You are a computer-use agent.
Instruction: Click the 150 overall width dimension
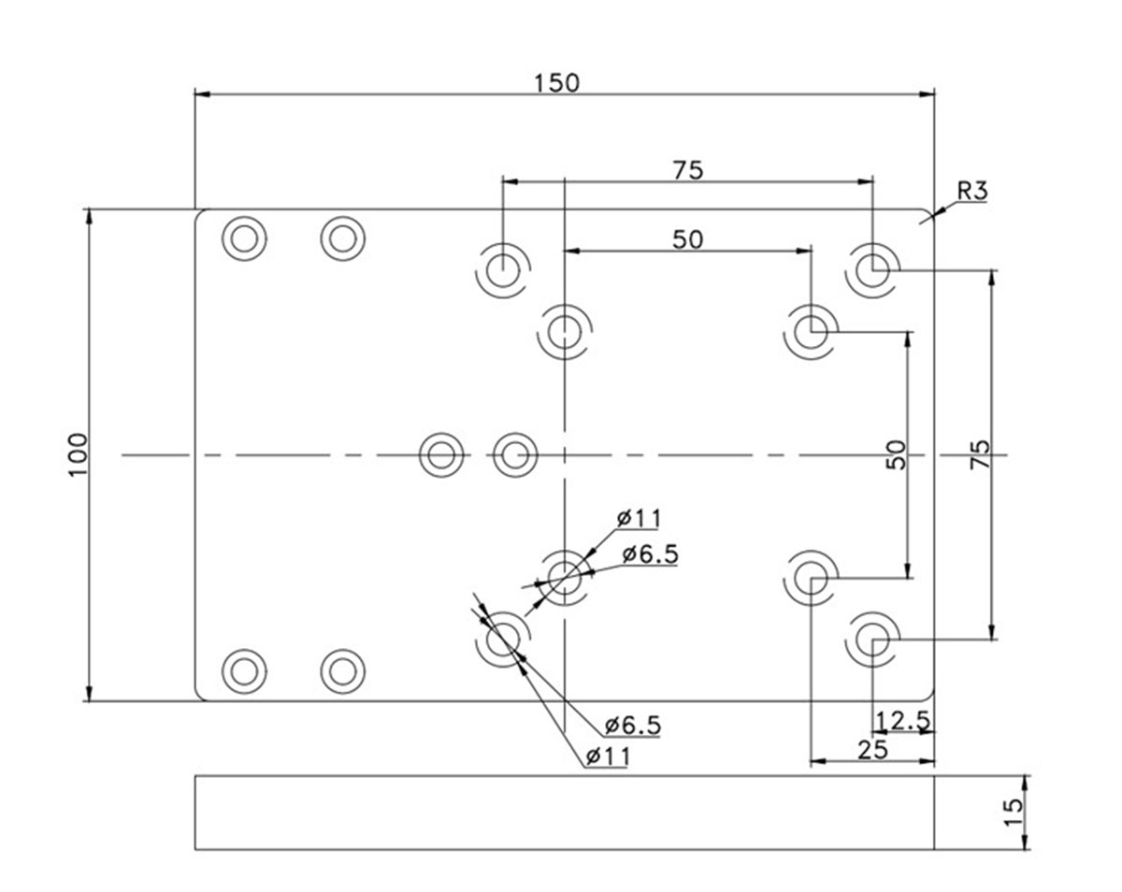tap(557, 82)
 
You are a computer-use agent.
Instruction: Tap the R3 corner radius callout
tap(971, 192)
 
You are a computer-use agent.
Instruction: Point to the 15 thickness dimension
tap(1013, 812)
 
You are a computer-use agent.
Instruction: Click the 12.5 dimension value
tap(902, 720)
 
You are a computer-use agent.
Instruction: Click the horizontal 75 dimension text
tap(687, 169)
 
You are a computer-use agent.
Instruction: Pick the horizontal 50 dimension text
tap(687, 239)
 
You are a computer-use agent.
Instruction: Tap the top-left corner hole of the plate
tap(244, 238)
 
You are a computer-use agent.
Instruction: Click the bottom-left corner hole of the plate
tap(244, 669)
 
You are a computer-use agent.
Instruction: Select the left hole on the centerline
tap(441, 455)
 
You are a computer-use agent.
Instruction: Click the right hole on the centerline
tap(513, 455)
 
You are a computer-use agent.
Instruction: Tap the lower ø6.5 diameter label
tap(632, 725)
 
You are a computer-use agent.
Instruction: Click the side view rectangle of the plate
tap(564, 812)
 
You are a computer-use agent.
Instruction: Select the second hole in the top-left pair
tap(342, 238)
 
